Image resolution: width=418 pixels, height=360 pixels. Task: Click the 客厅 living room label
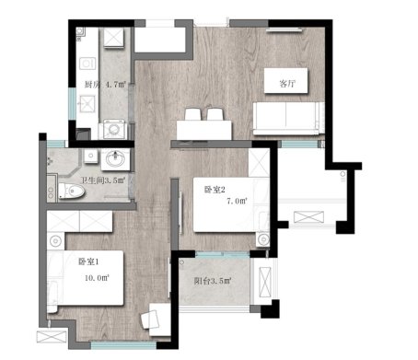click(x=287, y=84)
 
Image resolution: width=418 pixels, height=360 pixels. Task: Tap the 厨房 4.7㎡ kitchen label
click(x=105, y=84)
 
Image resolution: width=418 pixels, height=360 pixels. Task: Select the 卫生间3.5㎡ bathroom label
click(x=103, y=180)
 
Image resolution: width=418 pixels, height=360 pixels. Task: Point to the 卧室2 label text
click(x=215, y=190)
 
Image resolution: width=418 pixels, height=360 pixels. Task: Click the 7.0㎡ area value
click(x=237, y=201)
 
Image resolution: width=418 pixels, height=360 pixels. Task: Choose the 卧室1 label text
click(x=88, y=261)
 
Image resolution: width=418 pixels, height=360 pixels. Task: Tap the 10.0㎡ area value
click(x=97, y=278)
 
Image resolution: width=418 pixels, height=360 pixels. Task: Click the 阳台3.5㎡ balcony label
click(x=213, y=281)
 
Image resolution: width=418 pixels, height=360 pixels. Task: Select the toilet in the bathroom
click(x=71, y=191)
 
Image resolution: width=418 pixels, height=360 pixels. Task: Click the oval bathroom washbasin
click(x=115, y=159)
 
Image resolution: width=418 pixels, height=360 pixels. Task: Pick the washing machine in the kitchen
click(x=114, y=129)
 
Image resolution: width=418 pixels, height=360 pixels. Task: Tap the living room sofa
click(x=288, y=119)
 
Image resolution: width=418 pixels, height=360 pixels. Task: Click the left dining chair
click(x=192, y=114)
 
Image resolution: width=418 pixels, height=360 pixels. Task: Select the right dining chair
click(x=215, y=114)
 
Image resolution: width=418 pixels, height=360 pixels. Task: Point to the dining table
click(x=204, y=130)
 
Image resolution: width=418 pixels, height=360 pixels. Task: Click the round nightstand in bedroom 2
click(x=263, y=239)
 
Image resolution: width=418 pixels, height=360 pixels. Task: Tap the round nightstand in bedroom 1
click(x=55, y=241)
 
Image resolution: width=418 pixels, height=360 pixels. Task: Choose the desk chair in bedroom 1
click(x=149, y=319)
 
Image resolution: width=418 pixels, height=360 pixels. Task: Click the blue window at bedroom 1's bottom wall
click(x=123, y=346)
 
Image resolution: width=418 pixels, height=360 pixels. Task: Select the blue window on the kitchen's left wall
click(x=72, y=104)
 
